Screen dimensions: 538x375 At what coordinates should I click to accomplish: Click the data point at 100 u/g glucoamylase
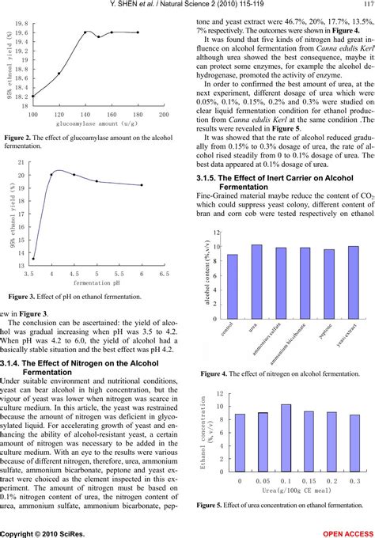tap(33, 96)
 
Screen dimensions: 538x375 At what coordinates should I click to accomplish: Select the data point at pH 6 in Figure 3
tap(142, 207)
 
